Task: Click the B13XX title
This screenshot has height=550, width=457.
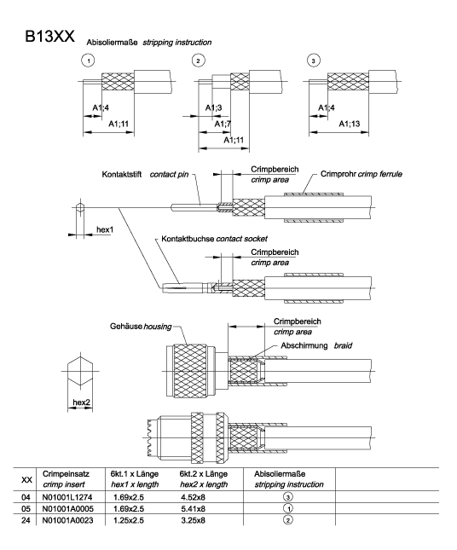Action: [49, 36]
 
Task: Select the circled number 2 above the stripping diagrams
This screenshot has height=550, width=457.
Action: [198, 61]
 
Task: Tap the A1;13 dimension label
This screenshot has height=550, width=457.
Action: [350, 124]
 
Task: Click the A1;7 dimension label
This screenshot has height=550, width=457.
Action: [223, 124]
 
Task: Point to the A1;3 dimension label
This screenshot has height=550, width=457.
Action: [213, 107]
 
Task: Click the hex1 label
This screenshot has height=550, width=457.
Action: [105, 229]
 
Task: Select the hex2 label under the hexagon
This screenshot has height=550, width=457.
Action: [81, 402]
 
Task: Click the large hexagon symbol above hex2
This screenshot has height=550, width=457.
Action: [81, 371]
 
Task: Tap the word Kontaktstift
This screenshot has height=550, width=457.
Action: [122, 174]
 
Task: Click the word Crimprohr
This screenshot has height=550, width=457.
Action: [338, 174]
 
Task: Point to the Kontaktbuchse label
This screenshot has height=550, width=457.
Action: [188, 239]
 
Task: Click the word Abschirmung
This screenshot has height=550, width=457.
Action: [304, 345]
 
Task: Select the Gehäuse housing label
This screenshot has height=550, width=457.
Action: [141, 327]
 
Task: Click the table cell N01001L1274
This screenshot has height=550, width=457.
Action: [67, 497]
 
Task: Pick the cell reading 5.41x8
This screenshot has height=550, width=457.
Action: [193, 508]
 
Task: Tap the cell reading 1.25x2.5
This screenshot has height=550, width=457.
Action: [129, 520]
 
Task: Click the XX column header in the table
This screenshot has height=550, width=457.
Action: [26, 479]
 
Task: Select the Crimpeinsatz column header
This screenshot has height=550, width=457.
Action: [66, 474]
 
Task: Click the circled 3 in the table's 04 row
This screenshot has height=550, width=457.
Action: [287, 497]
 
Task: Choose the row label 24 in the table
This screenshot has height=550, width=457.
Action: [26, 520]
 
